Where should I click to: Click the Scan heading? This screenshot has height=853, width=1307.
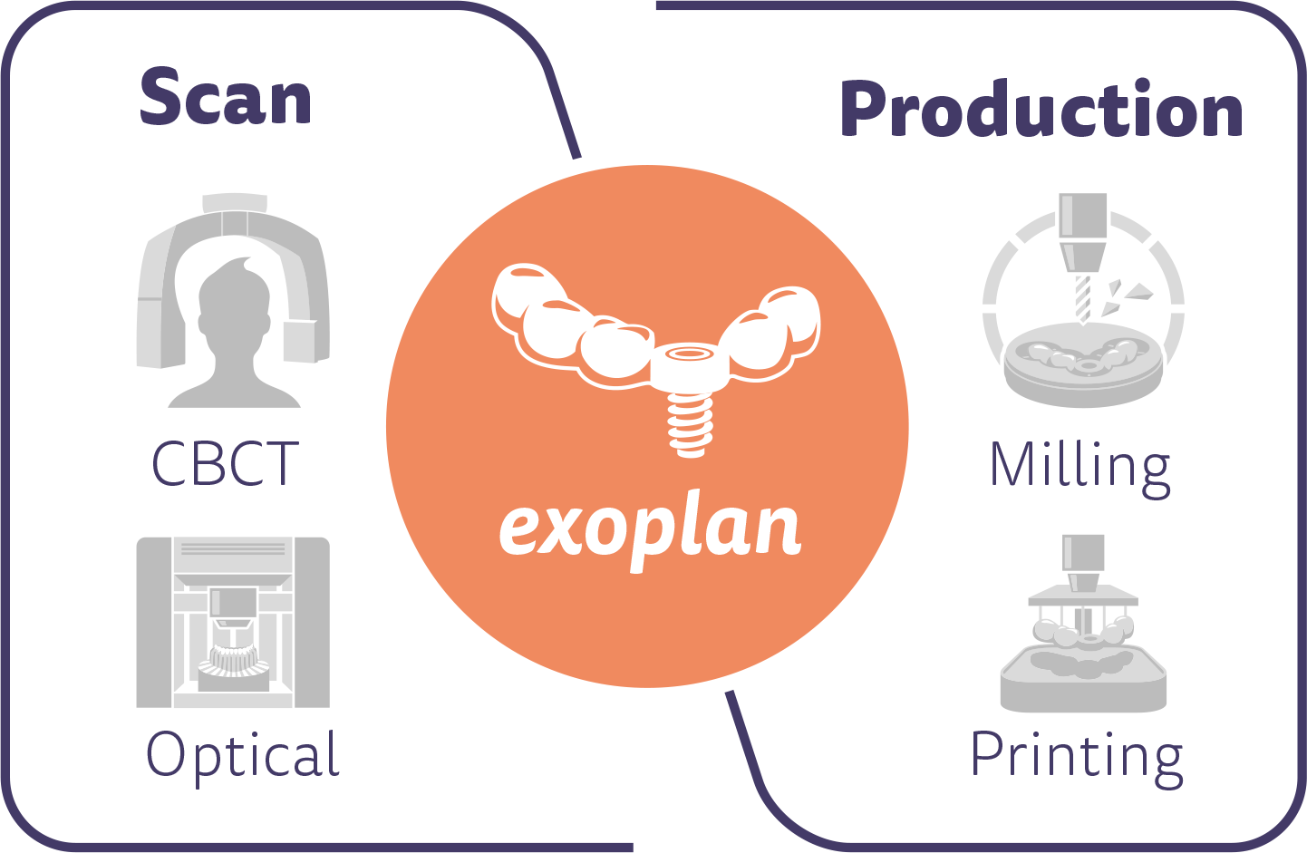click(x=225, y=96)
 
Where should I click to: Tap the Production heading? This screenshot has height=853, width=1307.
click(x=1041, y=108)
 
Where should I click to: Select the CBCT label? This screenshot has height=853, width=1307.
click(x=225, y=463)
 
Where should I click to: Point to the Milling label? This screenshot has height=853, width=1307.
click(x=1080, y=469)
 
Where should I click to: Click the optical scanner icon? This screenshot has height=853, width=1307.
click(x=234, y=623)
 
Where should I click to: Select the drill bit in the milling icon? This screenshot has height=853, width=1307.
click(x=1083, y=299)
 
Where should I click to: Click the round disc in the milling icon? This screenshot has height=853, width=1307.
click(x=1083, y=364)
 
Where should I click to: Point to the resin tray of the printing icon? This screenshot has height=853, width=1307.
click(x=1083, y=677)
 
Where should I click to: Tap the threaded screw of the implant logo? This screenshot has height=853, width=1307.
click(x=690, y=425)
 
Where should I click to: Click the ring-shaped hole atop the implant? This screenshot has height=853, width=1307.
click(x=689, y=353)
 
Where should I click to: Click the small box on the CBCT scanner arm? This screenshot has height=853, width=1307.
click(x=301, y=341)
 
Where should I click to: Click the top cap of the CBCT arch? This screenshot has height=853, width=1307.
click(x=235, y=202)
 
